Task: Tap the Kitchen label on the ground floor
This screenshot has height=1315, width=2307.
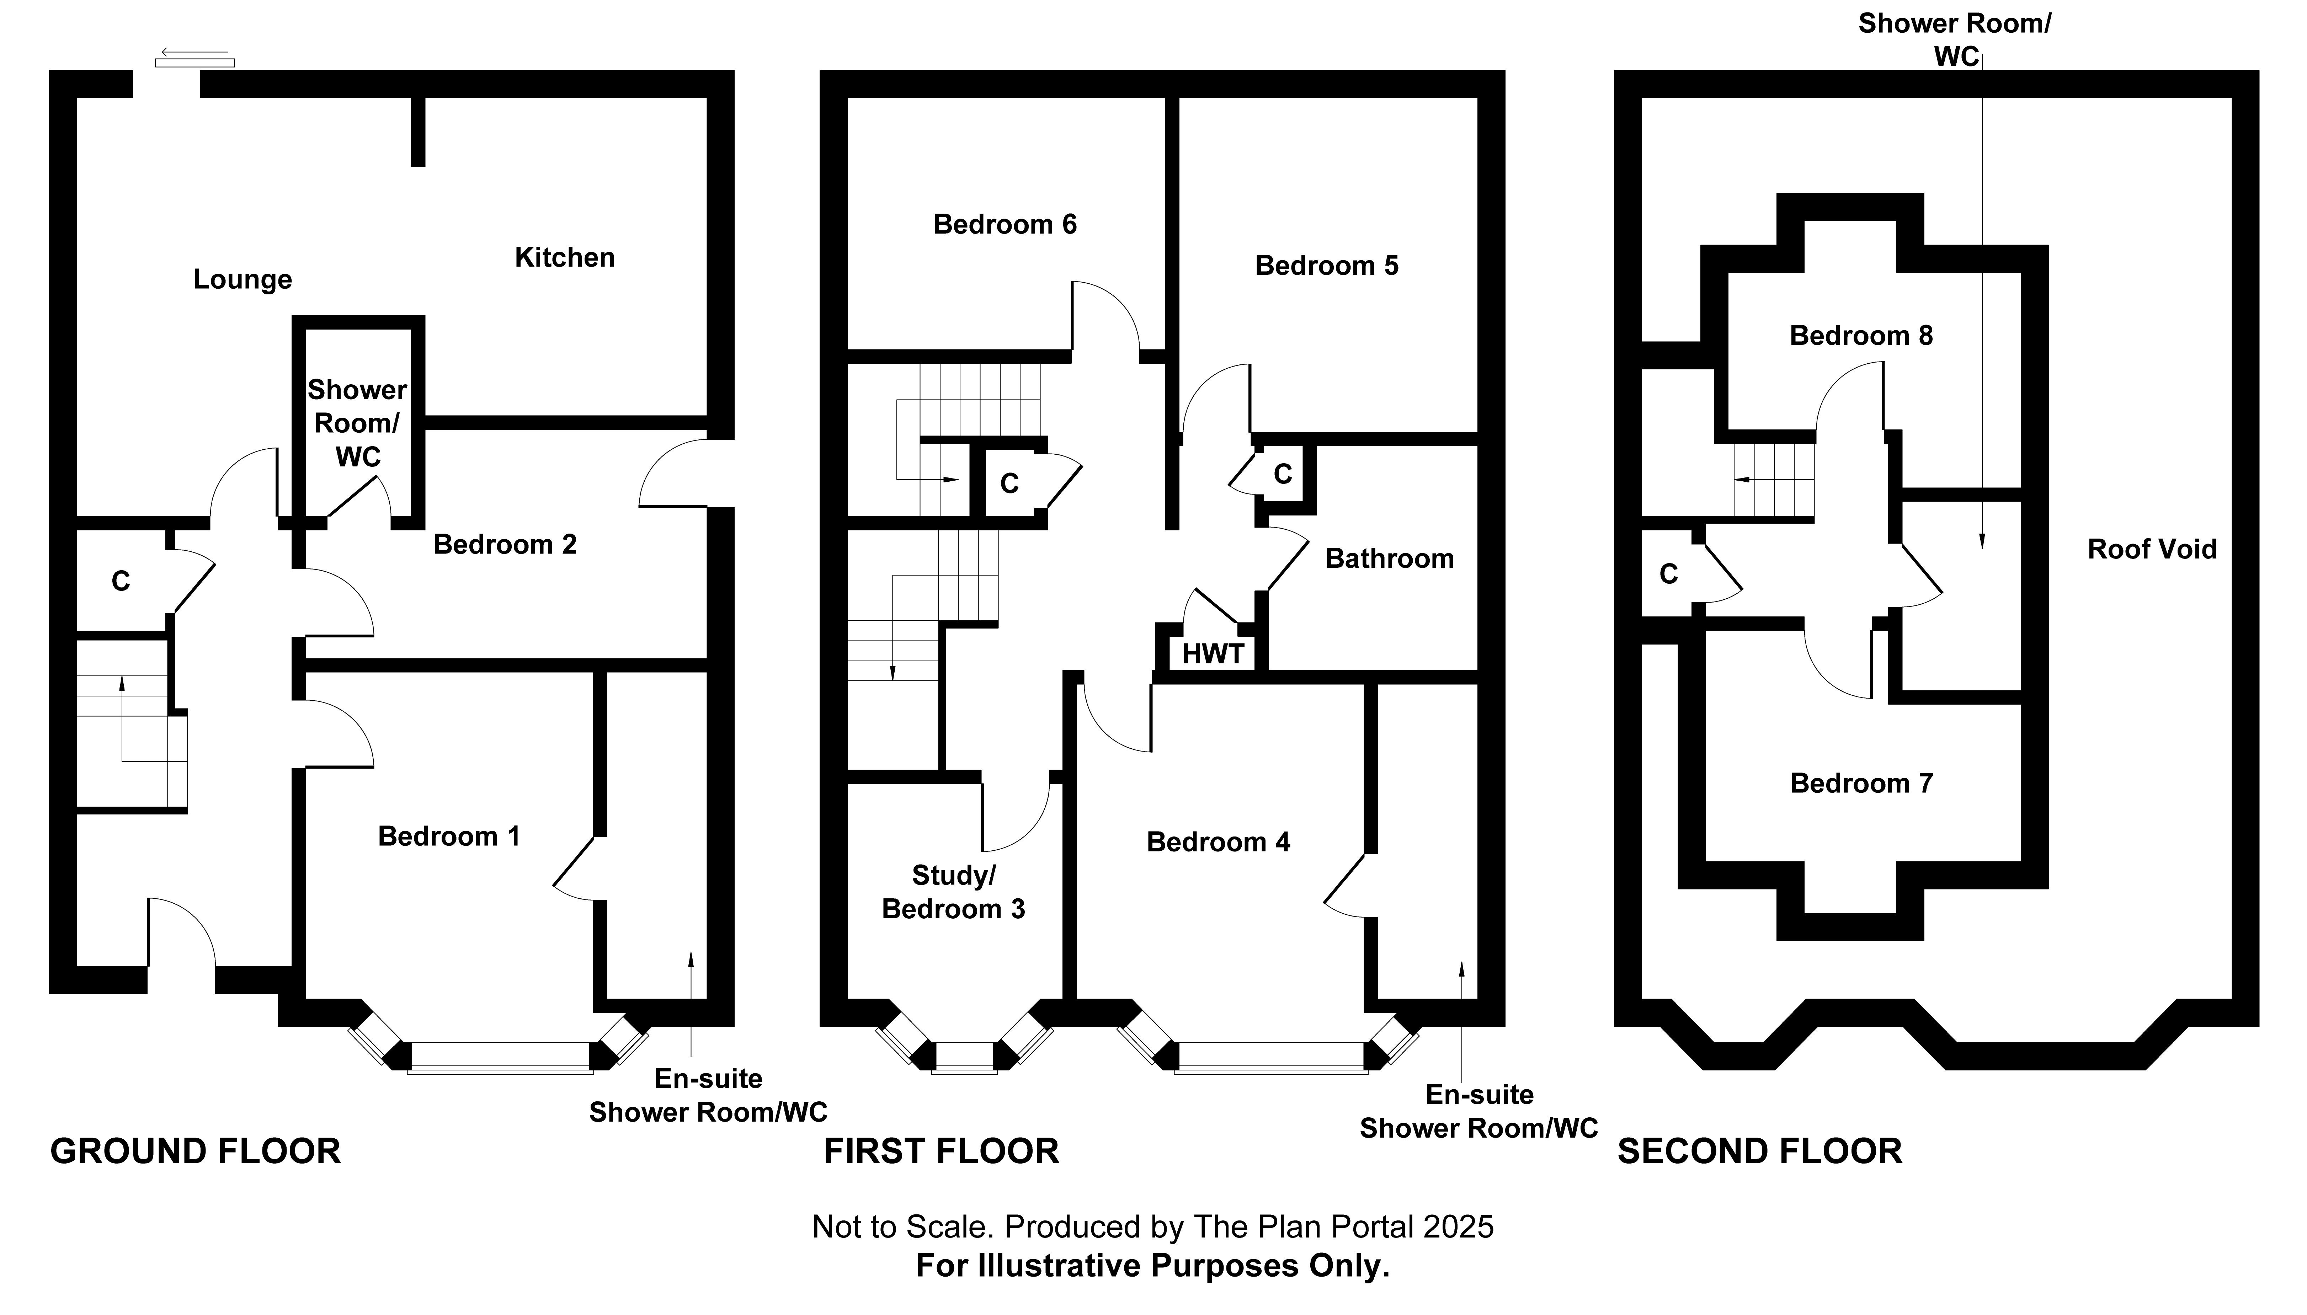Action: click(565, 257)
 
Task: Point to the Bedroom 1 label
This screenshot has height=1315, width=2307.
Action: click(449, 836)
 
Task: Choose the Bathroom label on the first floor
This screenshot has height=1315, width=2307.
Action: click(1389, 559)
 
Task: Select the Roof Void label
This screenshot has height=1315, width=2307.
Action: click(2152, 549)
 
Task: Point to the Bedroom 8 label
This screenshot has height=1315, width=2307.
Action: click(1861, 336)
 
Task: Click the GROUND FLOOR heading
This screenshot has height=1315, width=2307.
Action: click(195, 1151)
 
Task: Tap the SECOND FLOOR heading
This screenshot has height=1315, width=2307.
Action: click(1760, 1151)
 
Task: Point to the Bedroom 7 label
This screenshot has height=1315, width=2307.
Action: click(1861, 783)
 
